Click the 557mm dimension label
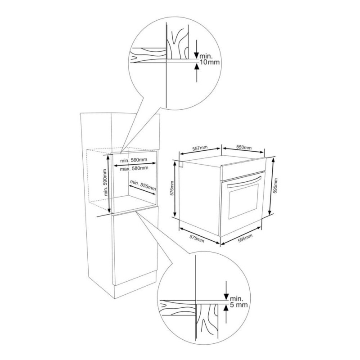[x=200, y=148]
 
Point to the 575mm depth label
[x=197, y=238]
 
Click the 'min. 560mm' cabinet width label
[x=134, y=160]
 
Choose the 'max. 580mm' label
[x=134, y=168]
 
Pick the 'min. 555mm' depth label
[x=143, y=185]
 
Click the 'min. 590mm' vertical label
[x=105, y=183]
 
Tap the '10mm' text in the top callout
[x=210, y=62]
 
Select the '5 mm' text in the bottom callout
[x=239, y=305]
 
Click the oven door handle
[x=244, y=181]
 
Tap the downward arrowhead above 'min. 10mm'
[x=197, y=55]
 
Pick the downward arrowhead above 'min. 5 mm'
[x=226, y=297]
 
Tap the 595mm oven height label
[x=276, y=186]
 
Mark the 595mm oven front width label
[x=245, y=238]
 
